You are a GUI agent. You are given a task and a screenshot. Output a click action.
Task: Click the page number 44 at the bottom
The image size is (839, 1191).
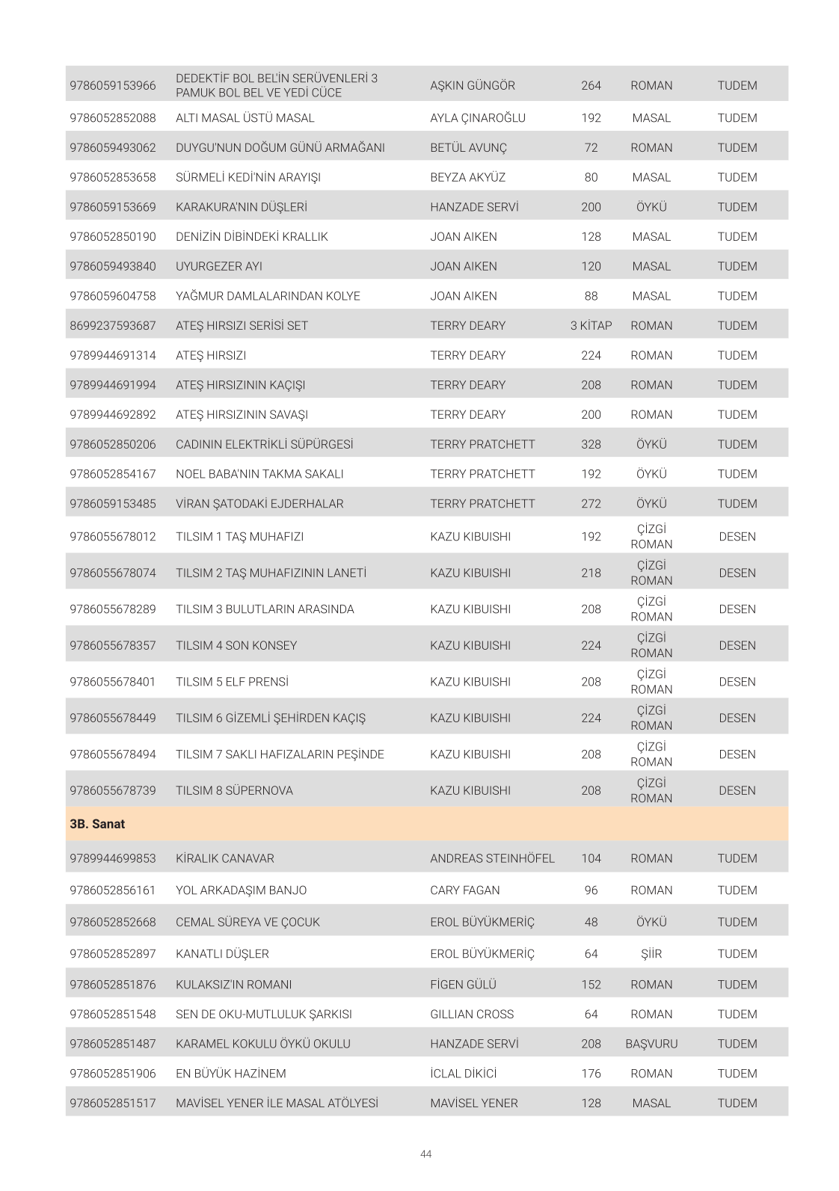click(x=425, y=1154)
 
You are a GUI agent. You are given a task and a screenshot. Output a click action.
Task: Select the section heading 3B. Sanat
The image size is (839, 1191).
click(x=97, y=824)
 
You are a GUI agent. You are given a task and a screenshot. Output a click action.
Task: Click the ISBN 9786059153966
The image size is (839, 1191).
click(x=113, y=85)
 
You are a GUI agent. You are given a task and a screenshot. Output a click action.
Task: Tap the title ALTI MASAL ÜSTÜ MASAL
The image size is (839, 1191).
click(x=245, y=117)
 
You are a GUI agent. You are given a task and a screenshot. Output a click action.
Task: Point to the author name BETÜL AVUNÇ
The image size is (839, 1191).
click(x=468, y=147)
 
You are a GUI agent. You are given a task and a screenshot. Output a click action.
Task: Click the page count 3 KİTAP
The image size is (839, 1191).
click(x=591, y=325)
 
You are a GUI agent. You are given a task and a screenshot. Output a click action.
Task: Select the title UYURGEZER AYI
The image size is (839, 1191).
click(x=219, y=266)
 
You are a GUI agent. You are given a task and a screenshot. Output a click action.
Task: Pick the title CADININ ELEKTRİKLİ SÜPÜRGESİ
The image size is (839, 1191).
click(x=265, y=444)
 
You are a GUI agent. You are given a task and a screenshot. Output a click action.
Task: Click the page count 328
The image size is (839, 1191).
click(x=591, y=444)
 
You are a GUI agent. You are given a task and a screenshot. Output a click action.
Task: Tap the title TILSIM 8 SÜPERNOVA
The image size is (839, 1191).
click(x=235, y=790)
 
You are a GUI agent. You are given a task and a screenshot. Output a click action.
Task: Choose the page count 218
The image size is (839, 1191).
click(x=591, y=573)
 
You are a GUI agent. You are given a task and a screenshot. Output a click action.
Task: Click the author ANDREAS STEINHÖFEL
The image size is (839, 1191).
click(x=492, y=858)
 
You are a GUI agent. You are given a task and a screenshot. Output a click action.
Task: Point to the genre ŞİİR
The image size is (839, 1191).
click(x=651, y=953)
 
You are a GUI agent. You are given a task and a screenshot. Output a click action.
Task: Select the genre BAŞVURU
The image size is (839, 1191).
click(x=651, y=1044)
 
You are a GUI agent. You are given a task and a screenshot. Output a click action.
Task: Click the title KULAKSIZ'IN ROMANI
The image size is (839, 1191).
click(x=234, y=985)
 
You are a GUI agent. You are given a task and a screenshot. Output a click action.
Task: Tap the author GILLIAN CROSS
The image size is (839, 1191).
click(x=472, y=1014)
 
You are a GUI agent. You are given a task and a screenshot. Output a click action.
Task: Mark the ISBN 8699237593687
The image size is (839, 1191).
click(x=113, y=325)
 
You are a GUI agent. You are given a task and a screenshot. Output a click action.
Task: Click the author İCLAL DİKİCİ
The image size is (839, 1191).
click(x=464, y=1073)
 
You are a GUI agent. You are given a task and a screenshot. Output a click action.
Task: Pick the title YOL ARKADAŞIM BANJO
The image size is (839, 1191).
click(x=242, y=890)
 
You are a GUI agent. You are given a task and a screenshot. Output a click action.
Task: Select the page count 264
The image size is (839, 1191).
click(x=591, y=85)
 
